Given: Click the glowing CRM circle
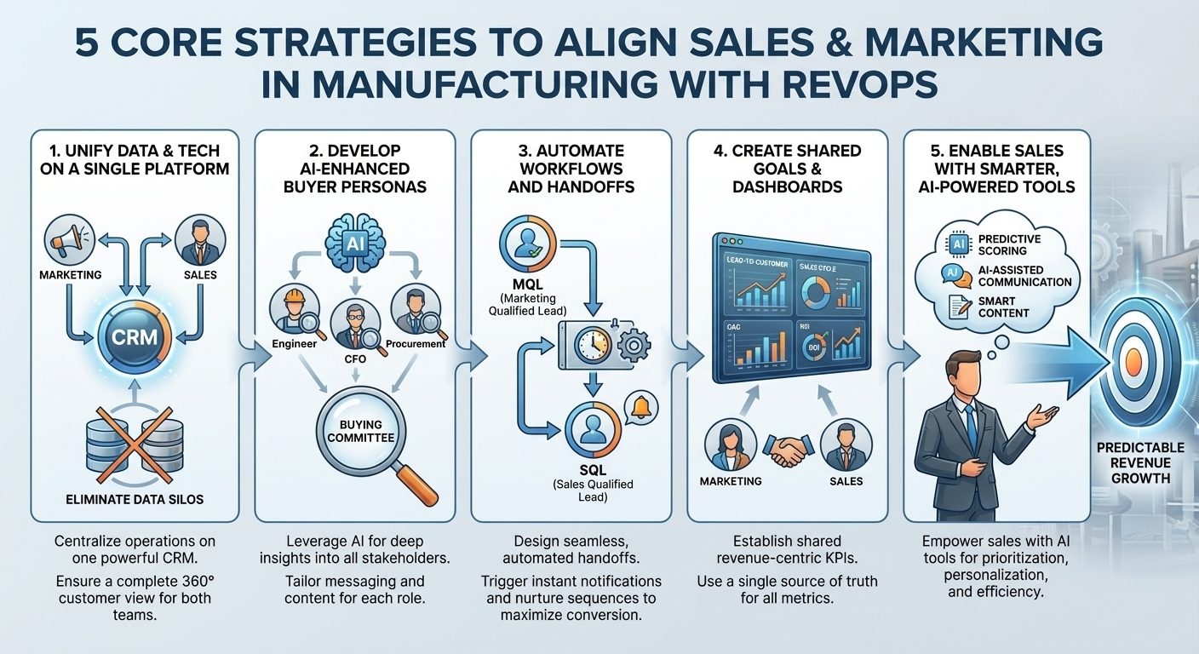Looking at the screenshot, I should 135,336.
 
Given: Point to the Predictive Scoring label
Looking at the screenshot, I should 1009,245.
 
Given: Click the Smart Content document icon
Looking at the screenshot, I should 956,307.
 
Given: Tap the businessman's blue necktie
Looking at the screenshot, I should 971,426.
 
